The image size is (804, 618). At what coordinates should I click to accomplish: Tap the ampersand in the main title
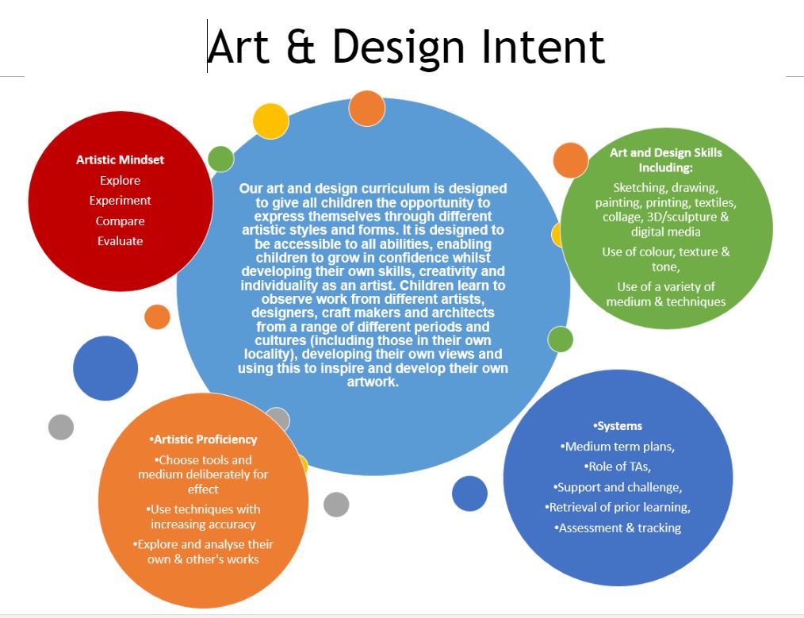pyautogui.click(x=301, y=47)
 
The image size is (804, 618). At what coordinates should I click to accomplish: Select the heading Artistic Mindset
pyautogui.click(x=120, y=160)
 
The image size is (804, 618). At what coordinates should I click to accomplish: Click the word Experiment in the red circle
pyautogui.click(x=120, y=201)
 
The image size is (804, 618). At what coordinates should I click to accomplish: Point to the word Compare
pyautogui.click(x=120, y=221)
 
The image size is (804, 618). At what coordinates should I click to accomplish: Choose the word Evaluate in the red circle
pyautogui.click(x=120, y=241)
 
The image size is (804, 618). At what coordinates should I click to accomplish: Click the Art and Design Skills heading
pyautogui.click(x=665, y=160)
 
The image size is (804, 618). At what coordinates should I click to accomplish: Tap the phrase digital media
pyautogui.click(x=665, y=232)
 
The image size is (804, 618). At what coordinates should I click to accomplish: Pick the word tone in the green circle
pyautogui.click(x=665, y=267)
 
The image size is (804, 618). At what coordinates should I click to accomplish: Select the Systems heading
pyautogui.click(x=618, y=426)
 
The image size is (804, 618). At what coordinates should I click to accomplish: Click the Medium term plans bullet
pyautogui.click(x=618, y=447)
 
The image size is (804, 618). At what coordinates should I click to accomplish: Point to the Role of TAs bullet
pyautogui.click(x=618, y=466)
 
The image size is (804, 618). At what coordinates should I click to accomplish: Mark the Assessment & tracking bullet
pyautogui.click(x=618, y=528)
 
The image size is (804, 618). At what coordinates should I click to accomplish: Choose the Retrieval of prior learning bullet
pyautogui.click(x=618, y=507)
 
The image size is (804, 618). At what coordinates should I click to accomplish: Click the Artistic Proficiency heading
pyautogui.click(x=203, y=440)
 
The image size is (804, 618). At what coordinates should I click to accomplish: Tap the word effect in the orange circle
pyautogui.click(x=203, y=489)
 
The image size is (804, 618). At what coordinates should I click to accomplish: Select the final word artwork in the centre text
pyautogui.click(x=373, y=382)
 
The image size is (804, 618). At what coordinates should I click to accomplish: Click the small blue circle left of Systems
pyautogui.click(x=469, y=493)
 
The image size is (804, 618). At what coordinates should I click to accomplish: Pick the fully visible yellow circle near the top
pyautogui.click(x=270, y=121)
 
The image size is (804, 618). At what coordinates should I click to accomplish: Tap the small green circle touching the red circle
pyautogui.click(x=221, y=159)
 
